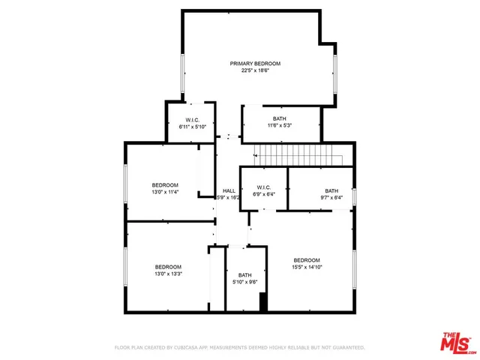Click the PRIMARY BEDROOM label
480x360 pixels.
(255, 64)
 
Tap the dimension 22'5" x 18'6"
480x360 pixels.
(255, 71)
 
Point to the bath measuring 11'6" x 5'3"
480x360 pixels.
(279, 122)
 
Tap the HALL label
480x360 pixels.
(229, 190)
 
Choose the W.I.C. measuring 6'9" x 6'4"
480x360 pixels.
(263, 191)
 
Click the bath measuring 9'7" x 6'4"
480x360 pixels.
(331, 194)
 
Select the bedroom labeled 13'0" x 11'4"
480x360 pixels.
(165, 188)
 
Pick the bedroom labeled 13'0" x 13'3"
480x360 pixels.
(168, 270)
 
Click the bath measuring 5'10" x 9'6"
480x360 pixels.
(245, 279)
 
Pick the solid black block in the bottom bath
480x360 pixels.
(263, 302)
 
